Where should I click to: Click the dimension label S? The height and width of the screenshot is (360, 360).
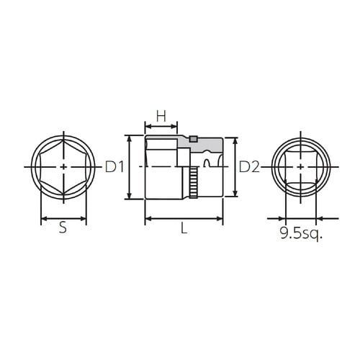coord(63,229)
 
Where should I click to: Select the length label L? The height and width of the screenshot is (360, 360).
coord(184,229)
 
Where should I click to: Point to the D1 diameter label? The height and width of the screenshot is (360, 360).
coord(115,167)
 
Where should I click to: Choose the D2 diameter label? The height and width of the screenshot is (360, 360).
coord(249,167)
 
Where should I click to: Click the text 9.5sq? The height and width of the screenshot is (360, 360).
coord(301,234)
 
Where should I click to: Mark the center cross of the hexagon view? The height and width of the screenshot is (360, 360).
coord(64,167)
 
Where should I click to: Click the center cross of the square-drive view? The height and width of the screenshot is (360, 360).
coord(300,167)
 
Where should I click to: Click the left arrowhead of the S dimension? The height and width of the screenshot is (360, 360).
coord(43,218)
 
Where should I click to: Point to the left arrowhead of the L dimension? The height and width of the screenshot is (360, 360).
coord(148,218)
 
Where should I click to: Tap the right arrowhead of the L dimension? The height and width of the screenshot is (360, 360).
coord(220,218)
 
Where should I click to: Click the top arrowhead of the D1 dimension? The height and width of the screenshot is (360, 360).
coord(130,137)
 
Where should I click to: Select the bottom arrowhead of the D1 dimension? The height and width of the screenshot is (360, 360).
coord(130,197)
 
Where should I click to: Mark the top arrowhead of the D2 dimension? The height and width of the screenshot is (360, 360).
coord(235,140)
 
